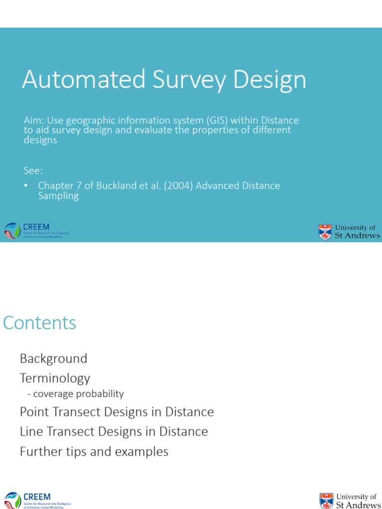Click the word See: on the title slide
click(33, 170)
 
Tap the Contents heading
click(40, 323)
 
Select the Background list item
click(53, 358)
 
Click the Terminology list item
click(55, 378)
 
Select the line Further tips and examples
click(94, 451)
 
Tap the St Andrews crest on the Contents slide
click(327, 501)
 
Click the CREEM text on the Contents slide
click(37, 497)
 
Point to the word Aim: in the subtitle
click(34, 120)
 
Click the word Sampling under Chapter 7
click(58, 196)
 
